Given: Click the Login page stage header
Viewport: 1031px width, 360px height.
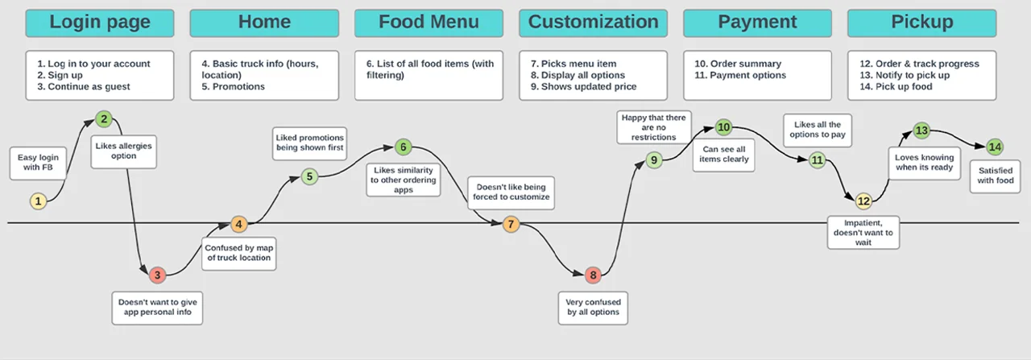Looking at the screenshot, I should [100, 23].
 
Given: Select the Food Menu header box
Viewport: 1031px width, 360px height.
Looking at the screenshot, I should [429, 23].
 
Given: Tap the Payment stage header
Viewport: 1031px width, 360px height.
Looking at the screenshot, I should [757, 23].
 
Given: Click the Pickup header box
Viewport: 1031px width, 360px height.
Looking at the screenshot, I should [921, 23].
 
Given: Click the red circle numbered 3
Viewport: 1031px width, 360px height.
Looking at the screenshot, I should [158, 275].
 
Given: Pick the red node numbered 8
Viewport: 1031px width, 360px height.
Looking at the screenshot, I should [593, 275].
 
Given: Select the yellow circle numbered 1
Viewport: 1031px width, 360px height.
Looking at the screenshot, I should [38, 201].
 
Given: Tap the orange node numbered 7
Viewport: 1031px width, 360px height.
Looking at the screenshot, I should [511, 224].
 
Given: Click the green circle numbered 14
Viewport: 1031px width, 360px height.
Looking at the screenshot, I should [996, 147].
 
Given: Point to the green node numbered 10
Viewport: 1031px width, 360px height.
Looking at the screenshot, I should [723, 127].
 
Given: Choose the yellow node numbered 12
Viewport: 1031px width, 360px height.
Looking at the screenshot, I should [863, 201].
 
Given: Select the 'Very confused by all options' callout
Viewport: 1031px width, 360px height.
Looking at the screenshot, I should [593, 307].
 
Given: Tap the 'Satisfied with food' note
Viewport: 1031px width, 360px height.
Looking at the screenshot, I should [996, 176].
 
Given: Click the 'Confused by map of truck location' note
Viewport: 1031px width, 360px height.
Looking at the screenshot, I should [238, 252].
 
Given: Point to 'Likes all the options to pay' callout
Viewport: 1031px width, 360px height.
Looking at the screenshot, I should [818, 130].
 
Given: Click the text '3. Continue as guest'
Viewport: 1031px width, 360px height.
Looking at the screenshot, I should [84, 87].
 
